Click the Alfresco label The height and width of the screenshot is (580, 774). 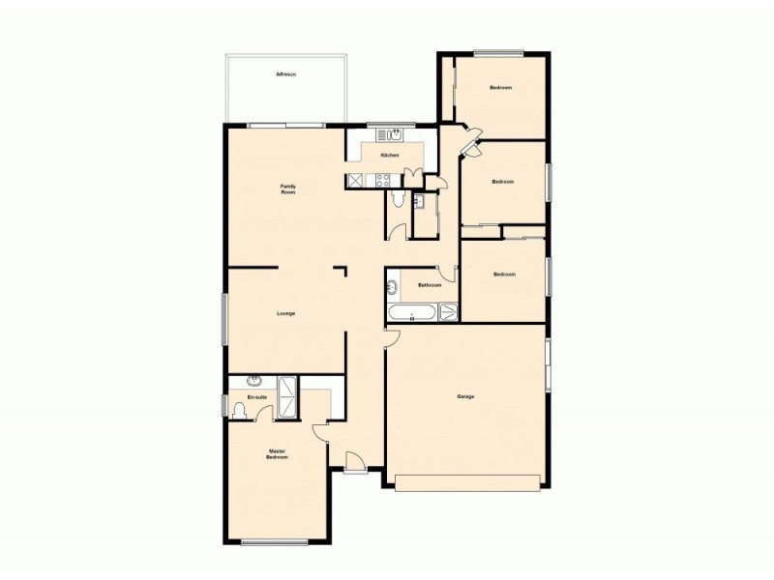(x=285, y=73)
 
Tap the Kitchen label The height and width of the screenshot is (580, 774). (x=390, y=156)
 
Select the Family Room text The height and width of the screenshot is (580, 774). (x=287, y=188)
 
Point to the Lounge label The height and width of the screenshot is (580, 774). (x=285, y=313)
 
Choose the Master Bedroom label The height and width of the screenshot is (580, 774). (x=278, y=453)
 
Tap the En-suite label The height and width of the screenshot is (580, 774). (x=256, y=397)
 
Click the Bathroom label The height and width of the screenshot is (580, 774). (x=430, y=285)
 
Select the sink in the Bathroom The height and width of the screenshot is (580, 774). (x=393, y=287)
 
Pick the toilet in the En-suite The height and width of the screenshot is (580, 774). (x=240, y=410)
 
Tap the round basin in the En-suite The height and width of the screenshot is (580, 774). (x=254, y=380)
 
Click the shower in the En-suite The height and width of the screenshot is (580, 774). (x=288, y=397)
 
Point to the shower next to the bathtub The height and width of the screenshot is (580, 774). (x=449, y=311)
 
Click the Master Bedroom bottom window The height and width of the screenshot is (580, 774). (x=274, y=541)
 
